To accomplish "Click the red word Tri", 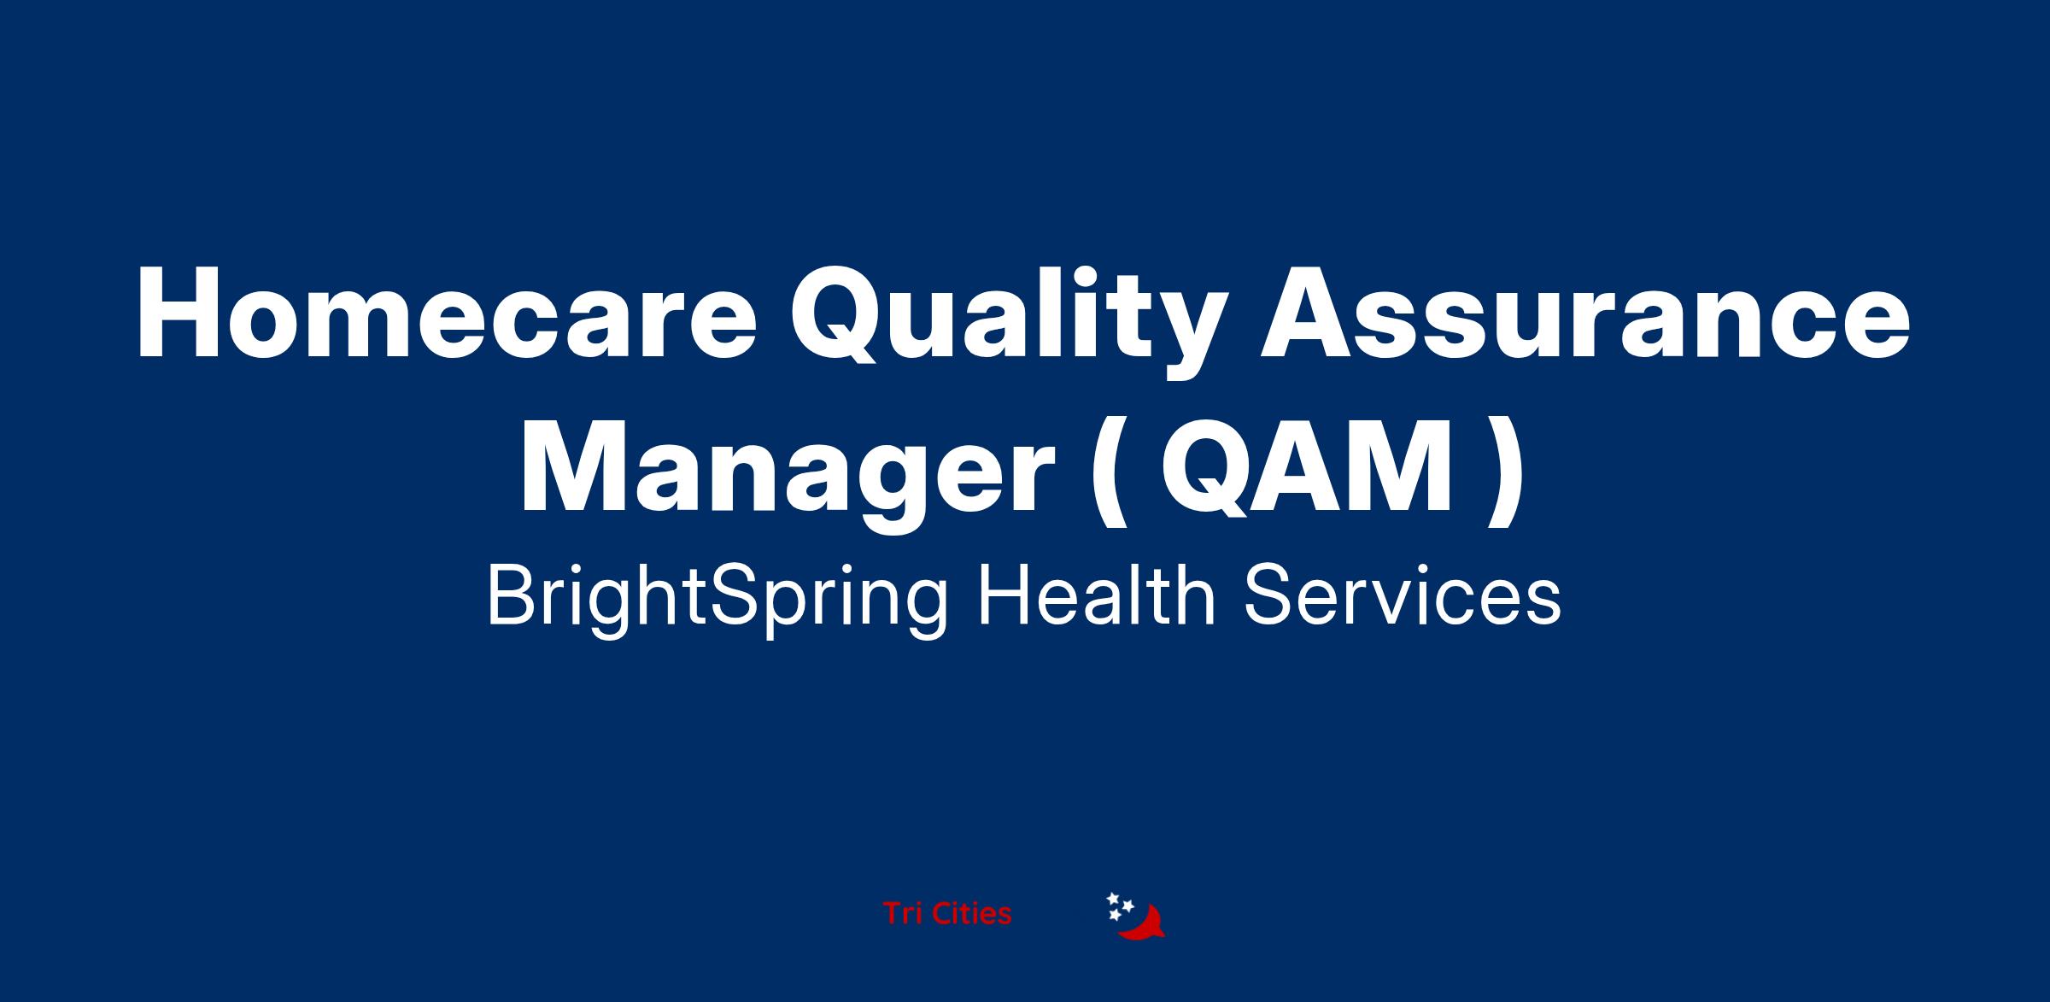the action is click(903, 914).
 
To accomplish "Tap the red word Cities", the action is click(971, 914).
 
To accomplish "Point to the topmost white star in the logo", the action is click(1113, 899).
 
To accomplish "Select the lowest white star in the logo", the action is click(1115, 916).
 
